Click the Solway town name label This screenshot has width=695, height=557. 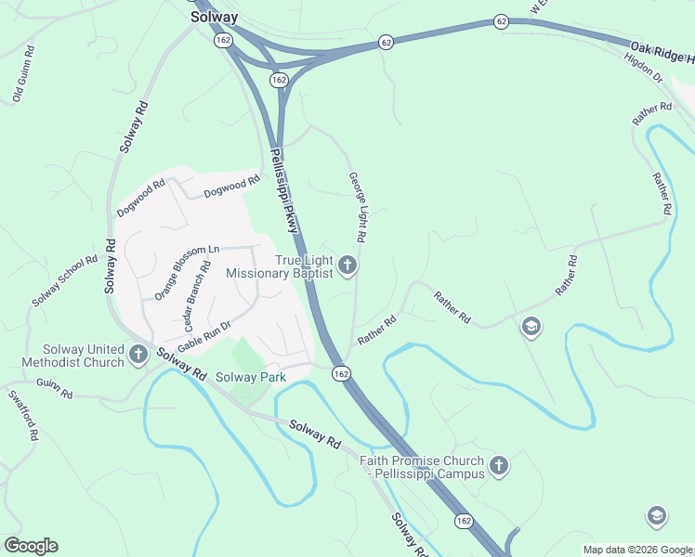click(215, 17)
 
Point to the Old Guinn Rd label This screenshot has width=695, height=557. click(23, 73)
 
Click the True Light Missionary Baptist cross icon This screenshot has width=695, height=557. click(347, 267)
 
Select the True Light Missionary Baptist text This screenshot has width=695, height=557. click(280, 267)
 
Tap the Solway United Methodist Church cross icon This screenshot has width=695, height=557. click(138, 354)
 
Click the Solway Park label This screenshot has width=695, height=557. click(251, 377)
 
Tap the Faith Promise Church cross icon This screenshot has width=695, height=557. click(499, 466)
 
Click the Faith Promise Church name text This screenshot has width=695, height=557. click(423, 467)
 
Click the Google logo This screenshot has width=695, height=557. click(31, 545)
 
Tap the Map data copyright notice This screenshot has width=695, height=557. click(637, 550)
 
